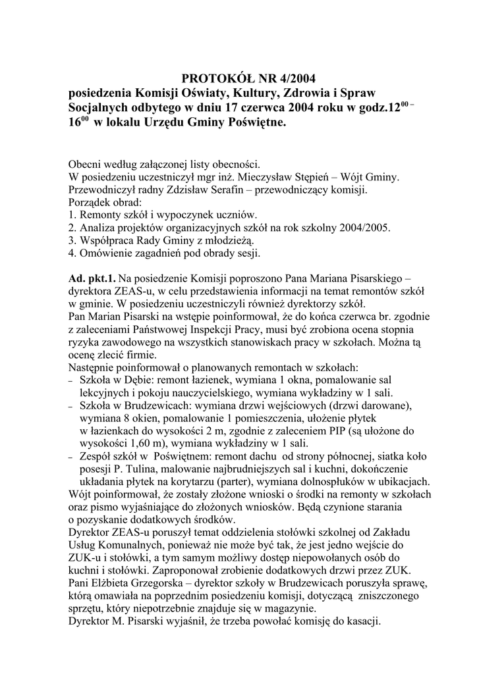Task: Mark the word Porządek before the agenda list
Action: pos(90,203)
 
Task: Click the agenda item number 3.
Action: pos(72,241)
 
